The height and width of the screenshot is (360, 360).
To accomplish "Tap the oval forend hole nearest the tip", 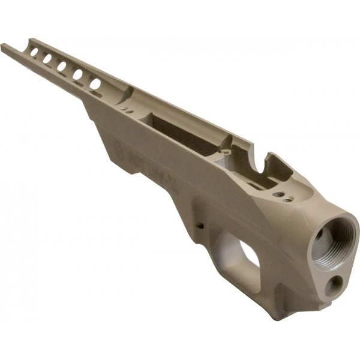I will [34, 53].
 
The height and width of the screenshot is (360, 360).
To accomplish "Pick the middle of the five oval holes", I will [62, 66].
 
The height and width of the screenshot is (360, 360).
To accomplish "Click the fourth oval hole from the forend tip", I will [77, 74].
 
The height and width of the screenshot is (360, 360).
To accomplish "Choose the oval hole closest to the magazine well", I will [95, 83].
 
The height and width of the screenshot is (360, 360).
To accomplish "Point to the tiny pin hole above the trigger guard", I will [200, 226].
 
